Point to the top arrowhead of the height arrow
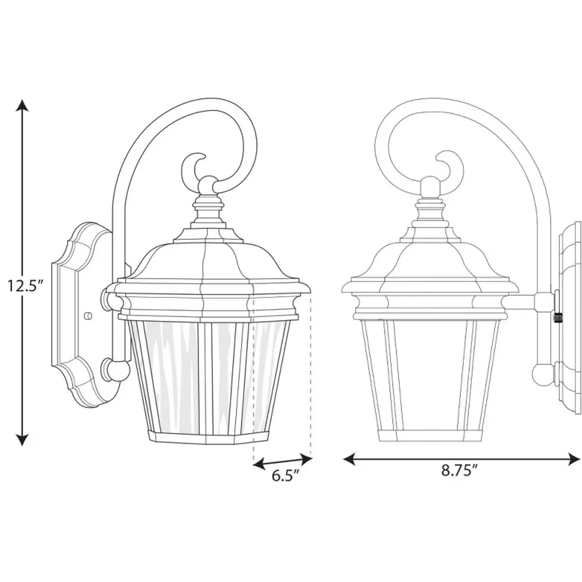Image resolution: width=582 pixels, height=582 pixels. pyautogui.click(x=23, y=105)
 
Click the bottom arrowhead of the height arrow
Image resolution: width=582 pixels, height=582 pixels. pyautogui.click(x=23, y=439)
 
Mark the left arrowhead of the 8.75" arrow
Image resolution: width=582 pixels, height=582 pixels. pyautogui.click(x=350, y=459)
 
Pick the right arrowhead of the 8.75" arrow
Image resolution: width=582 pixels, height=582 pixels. pyautogui.click(x=574, y=459)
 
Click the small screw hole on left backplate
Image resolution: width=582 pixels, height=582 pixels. pyautogui.click(x=88, y=315)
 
